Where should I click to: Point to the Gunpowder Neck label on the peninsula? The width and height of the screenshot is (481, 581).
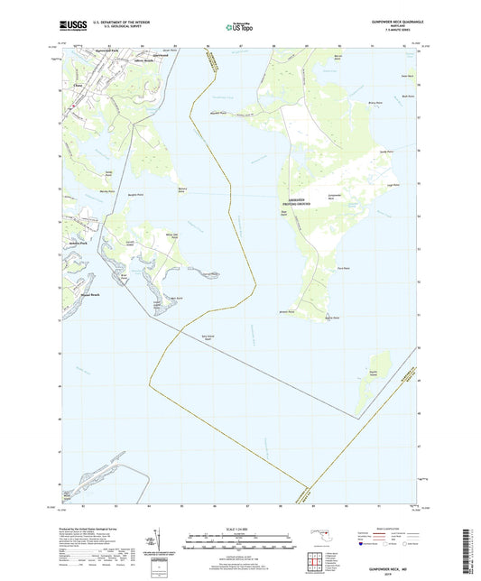(x=333, y=196)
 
